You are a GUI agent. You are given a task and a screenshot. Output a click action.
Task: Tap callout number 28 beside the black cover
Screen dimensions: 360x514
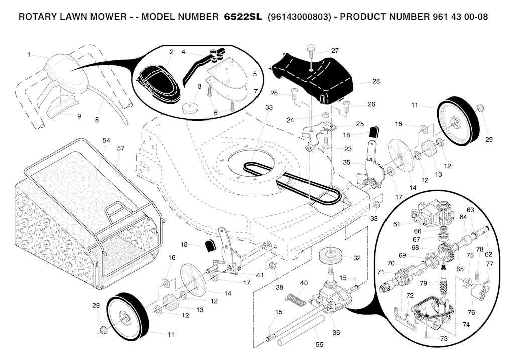point(376,81)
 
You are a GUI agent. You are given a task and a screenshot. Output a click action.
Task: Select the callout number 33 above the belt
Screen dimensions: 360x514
point(269,108)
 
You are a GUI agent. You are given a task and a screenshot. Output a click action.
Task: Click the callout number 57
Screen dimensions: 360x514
point(121,149)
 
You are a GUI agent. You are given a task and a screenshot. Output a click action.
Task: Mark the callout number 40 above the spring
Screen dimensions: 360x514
point(303,283)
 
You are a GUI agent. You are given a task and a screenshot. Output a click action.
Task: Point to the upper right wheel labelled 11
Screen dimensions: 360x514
point(454,121)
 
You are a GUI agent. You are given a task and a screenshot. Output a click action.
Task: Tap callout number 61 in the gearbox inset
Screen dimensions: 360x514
point(397,224)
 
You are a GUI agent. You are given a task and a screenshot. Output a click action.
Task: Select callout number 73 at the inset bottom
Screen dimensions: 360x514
point(443,339)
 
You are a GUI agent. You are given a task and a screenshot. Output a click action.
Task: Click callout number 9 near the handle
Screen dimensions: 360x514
point(79,116)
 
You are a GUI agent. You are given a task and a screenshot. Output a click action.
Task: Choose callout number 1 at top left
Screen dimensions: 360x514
point(29,54)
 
